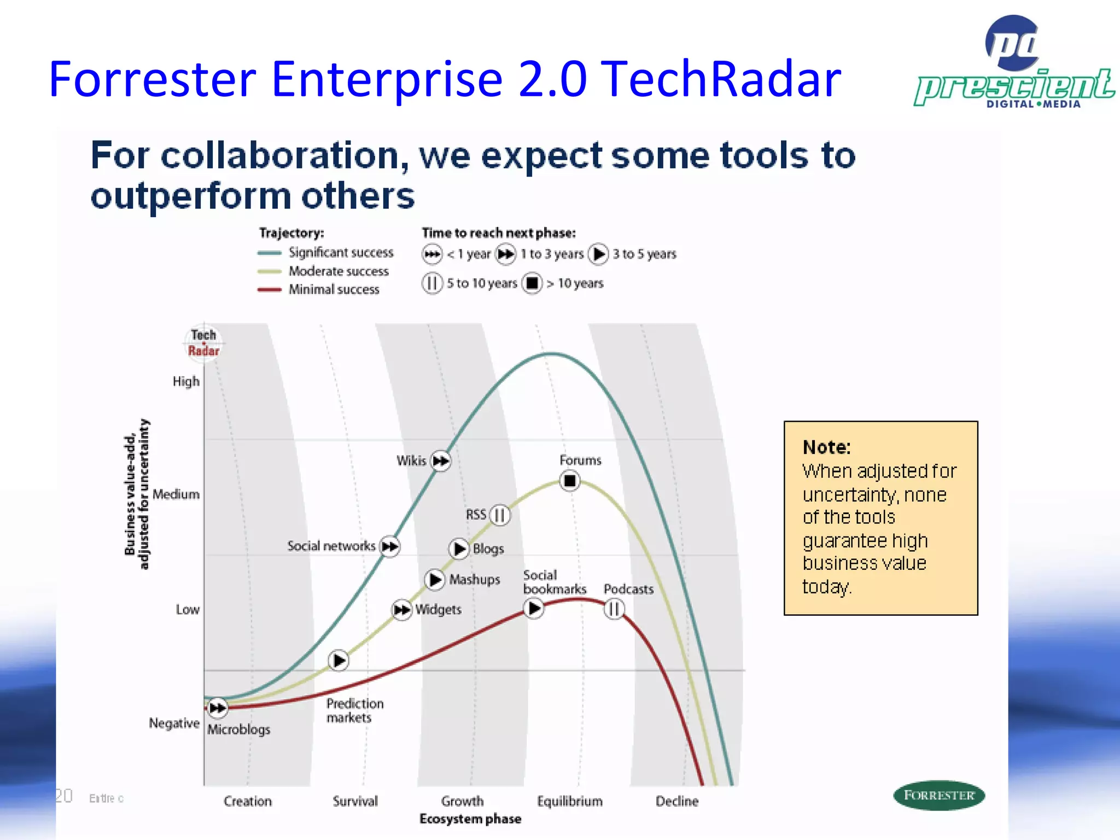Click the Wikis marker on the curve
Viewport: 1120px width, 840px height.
click(441, 461)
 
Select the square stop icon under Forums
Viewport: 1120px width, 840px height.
click(570, 481)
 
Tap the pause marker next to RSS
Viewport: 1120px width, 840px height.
click(500, 515)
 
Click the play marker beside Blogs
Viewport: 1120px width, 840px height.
click(459, 549)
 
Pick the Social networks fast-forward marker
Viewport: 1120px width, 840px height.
click(390, 546)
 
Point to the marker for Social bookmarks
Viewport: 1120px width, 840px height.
click(534, 608)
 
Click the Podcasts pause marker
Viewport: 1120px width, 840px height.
click(614, 609)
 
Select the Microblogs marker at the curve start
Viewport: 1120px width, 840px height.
click(218, 708)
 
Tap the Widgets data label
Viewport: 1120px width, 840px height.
click(438, 609)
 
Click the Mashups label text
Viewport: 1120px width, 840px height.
click(474, 579)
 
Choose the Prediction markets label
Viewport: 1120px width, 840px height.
click(354, 710)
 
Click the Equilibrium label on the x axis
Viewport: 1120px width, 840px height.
click(569, 801)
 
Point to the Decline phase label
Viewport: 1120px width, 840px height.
click(677, 801)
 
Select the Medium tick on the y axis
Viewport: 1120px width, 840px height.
click(176, 494)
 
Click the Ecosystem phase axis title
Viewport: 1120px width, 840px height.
click(470, 819)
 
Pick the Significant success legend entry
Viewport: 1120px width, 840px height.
click(341, 253)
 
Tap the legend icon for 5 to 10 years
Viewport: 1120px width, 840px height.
click(432, 283)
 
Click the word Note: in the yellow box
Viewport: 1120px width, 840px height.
click(826, 447)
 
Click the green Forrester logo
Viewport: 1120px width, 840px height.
click(938, 795)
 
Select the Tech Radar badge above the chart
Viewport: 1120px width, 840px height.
click(203, 343)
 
